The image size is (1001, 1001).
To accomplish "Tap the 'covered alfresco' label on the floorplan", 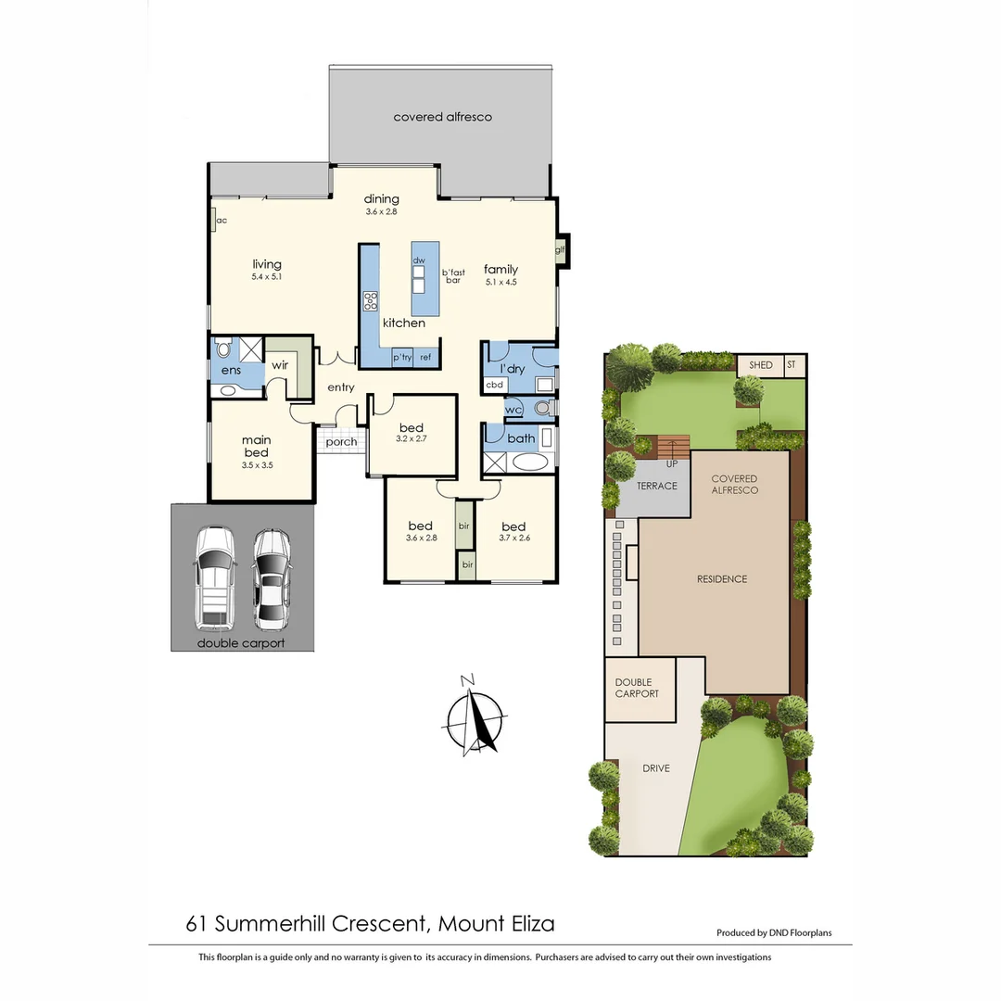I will click(442, 117).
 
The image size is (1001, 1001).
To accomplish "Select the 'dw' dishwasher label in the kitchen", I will click(419, 260).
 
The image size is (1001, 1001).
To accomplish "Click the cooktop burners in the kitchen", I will click(371, 299).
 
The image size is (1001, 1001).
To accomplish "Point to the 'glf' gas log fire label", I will click(560, 249).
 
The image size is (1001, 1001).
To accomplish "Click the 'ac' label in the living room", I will click(222, 221).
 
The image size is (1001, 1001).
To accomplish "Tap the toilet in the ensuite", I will click(222, 350).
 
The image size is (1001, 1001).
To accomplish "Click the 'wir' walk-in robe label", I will click(280, 365).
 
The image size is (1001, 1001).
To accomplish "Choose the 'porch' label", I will click(341, 442).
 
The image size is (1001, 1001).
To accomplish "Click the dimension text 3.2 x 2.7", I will click(411, 438).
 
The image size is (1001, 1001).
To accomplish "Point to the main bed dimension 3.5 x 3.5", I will click(256, 466).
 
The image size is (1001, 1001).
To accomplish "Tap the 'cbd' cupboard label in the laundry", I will click(495, 384).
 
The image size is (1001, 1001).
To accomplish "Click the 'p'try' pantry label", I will click(402, 357).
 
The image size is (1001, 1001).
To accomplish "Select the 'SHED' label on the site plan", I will click(760, 365).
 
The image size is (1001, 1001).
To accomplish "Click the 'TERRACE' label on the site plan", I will click(656, 486).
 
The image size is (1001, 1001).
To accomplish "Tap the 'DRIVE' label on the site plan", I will click(655, 768).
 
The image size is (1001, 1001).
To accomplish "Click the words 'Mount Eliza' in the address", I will click(497, 923).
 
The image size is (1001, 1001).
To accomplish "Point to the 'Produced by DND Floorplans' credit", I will click(774, 933).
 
